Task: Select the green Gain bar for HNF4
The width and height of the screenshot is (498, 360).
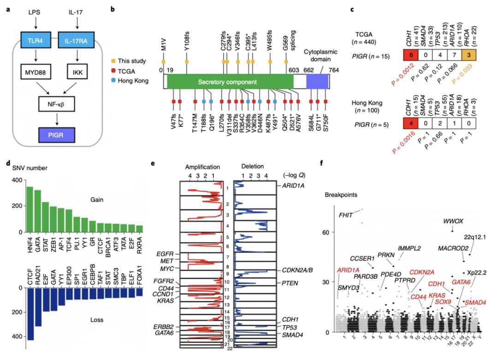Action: point(30,209)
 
